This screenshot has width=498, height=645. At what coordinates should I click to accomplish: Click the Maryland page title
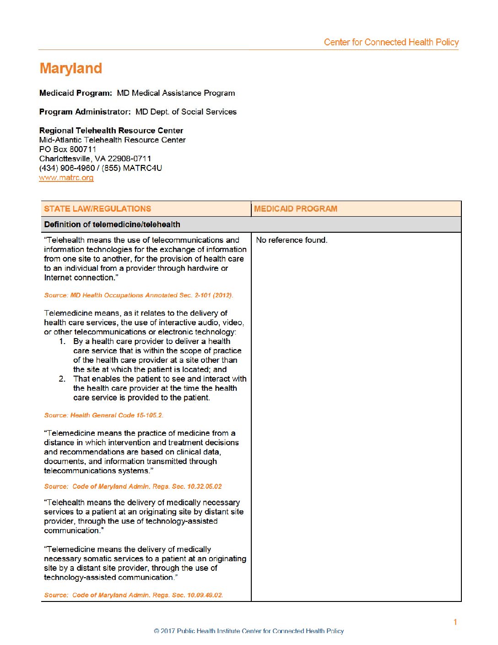[71, 68]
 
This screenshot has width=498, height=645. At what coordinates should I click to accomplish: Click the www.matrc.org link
[66, 178]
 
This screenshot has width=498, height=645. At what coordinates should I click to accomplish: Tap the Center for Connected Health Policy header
[391, 42]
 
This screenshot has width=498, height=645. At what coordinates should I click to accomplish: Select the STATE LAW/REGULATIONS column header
[97, 209]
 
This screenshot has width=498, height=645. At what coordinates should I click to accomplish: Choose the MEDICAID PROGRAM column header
[296, 209]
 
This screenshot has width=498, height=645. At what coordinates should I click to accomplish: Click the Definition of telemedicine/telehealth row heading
[112, 224]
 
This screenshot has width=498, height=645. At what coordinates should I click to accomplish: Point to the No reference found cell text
[292, 240]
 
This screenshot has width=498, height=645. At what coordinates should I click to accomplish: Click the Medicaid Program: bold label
[76, 93]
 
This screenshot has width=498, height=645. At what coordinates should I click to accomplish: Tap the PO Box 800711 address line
[68, 149]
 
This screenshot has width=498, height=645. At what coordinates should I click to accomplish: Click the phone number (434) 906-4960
[67, 168]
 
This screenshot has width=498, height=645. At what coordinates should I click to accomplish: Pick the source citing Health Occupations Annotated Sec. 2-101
[139, 295]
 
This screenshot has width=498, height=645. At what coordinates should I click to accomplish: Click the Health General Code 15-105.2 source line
[104, 415]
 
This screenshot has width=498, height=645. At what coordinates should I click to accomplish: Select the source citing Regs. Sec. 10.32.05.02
[133, 486]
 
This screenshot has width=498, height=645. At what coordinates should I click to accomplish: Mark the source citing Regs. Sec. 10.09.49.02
[134, 595]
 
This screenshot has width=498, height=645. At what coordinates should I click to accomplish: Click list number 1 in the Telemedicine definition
[62, 342]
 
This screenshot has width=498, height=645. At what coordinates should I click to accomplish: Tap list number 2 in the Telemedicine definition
[62, 379]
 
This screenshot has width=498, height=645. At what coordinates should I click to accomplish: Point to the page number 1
[455, 622]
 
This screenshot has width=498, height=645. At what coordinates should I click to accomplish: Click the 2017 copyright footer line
[249, 631]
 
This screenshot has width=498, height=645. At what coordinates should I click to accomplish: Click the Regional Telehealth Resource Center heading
[111, 131]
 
